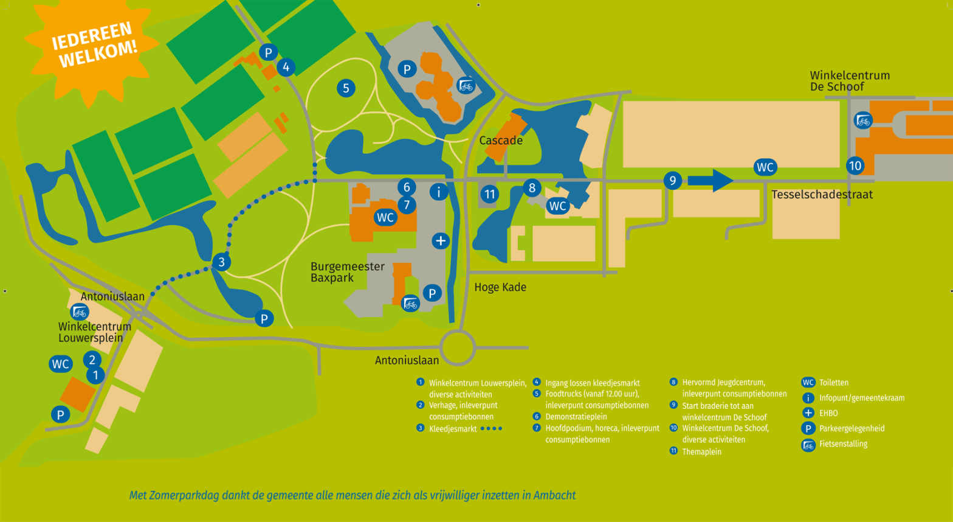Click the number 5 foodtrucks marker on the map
pos(346,88)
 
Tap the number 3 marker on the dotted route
pos(222,262)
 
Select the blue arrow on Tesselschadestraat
pos(710,180)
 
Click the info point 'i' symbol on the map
pos(439,192)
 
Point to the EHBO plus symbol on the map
pos(441,241)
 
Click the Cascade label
pos(501,141)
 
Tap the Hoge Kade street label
pos(500,287)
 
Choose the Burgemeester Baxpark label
pos(347,272)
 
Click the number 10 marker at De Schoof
pos(855,165)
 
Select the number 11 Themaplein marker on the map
pos(489,195)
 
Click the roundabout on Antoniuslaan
pos(457,347)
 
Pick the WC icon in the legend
pos(808,383)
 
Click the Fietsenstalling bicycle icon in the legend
pos(808,445)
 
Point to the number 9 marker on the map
pos(672,180)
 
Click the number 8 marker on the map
pos(532,187)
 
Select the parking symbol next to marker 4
pos(268,52)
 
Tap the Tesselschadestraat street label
pos(822,195)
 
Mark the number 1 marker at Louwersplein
pos(95,375)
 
